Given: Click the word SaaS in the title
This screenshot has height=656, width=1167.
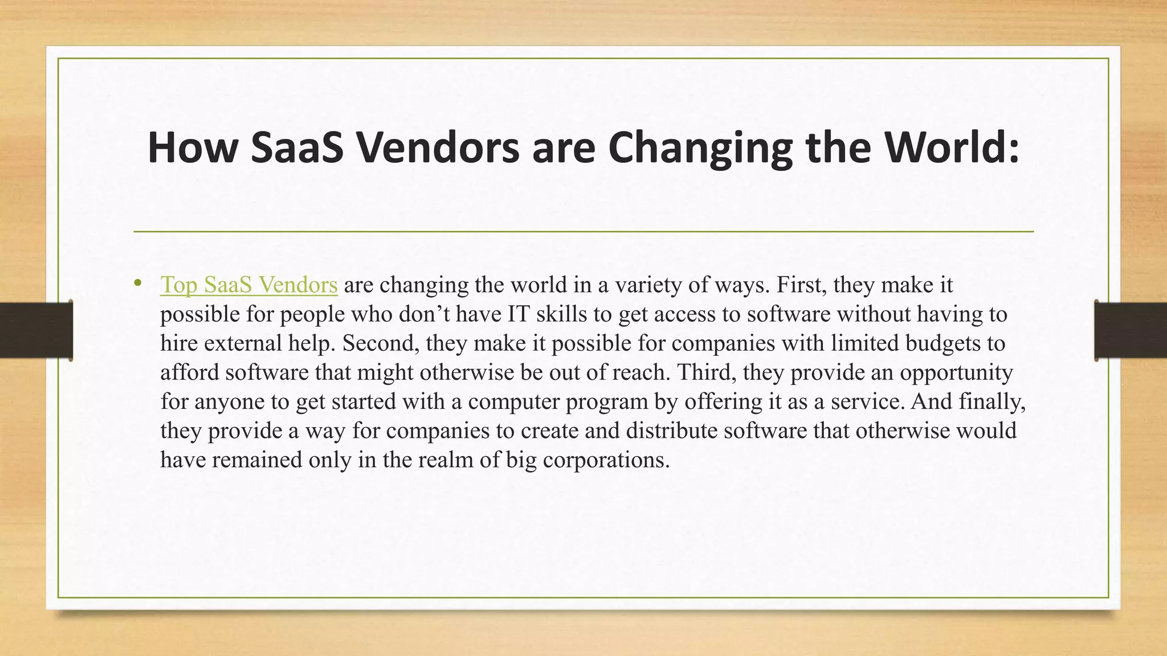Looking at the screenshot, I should (297, 147).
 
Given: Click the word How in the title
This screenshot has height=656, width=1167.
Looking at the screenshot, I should (192, 147).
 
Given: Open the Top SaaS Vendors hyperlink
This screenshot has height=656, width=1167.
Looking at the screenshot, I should (249, 285).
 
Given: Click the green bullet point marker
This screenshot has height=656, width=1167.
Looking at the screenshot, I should (137, 283).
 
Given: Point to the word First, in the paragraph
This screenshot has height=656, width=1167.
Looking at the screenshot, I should (801, 285).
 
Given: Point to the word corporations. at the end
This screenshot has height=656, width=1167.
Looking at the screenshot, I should (606, 460).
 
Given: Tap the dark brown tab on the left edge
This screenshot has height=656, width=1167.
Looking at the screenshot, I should (36, 330).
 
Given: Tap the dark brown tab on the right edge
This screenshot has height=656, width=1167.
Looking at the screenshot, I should (1131, 330).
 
